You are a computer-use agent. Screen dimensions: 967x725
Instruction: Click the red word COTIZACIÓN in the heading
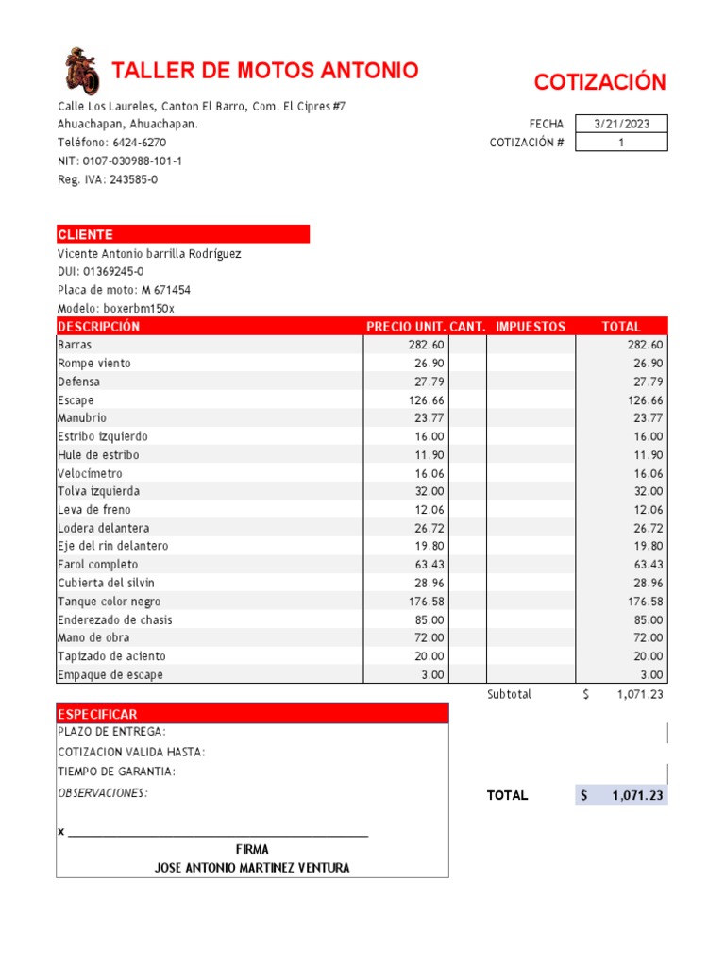coord(599,82)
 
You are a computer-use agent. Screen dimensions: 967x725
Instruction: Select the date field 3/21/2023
coord(621,124)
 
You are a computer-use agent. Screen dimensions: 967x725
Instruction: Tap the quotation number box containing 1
coord(621,143)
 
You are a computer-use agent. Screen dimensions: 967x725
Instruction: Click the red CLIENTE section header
coord(85,234)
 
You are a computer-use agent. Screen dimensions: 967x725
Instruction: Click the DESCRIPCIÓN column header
coord(98,327)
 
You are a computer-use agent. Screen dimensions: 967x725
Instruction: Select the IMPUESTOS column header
coord(531,327)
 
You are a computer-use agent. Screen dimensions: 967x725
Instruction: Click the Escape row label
coord(76,400)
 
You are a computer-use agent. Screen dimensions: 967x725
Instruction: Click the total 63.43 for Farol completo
coord(646,565)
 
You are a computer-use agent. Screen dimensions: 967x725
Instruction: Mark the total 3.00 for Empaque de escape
coord(651,675)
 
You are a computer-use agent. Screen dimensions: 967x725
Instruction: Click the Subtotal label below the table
coord(509,695)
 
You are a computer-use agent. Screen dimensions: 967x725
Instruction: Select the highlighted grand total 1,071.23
coord(637,796)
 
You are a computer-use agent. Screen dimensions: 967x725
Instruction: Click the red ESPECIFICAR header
coord(97,715)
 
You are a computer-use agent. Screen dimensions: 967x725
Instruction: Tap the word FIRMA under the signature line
coord(252,850)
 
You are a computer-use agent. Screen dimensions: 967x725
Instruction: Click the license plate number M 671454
coord(166,290)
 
